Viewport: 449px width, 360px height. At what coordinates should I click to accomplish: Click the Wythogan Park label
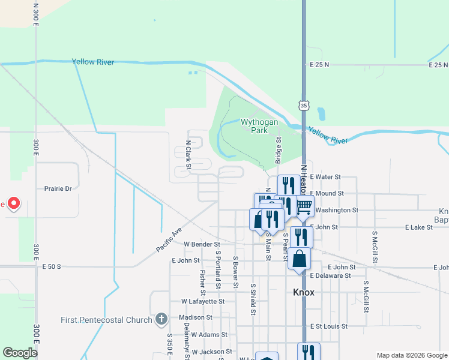click(x=259, y=126)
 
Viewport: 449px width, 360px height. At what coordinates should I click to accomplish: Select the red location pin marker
click(x=13, y=205)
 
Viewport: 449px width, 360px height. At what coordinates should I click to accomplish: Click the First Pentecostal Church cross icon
click(x=161, y=319)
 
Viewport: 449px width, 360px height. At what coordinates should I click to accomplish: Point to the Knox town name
click(x=304, y=292)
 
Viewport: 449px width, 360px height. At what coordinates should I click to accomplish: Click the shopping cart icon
click(x=304, y=206)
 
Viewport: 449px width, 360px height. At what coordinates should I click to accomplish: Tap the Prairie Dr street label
click(x=58, y=188)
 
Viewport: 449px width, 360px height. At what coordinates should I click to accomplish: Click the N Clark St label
click(x=188, y=154)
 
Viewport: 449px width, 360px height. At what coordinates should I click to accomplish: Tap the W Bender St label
click(x=202, y=244)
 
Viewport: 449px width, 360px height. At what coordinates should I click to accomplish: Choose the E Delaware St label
click(x=330, y=275)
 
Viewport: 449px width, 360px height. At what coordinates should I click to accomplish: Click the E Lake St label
click(x=423, y=227)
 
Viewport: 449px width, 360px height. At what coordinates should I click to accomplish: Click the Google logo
click(x=20, y=353)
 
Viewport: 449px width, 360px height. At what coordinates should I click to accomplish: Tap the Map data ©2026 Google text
click(x=412, y=355)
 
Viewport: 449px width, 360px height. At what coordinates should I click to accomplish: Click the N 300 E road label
click(x=36, y=12)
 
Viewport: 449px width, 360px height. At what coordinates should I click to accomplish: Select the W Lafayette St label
click(x=203, y=301)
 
